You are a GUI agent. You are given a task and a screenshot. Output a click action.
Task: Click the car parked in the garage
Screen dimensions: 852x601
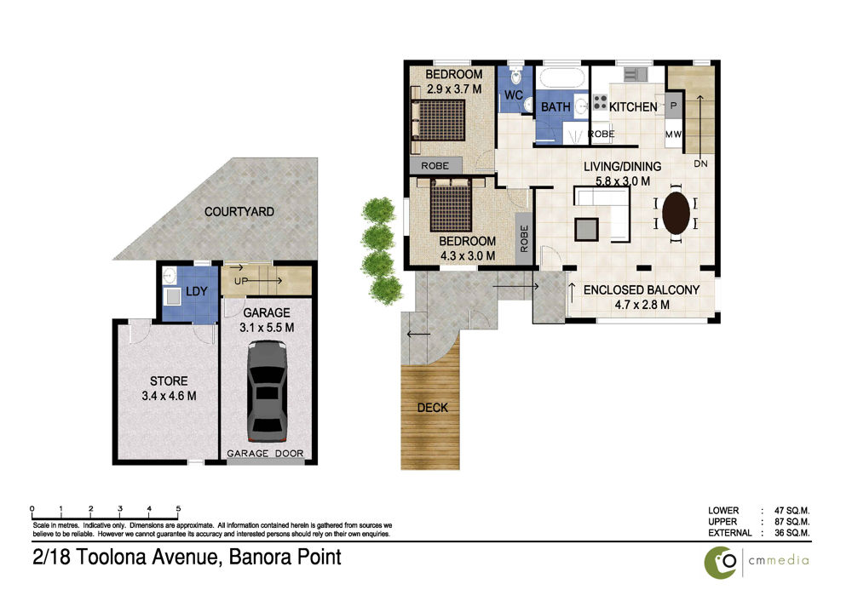(x=267, y=391)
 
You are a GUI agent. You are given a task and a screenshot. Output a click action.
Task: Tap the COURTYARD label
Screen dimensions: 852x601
(x=239, y=212)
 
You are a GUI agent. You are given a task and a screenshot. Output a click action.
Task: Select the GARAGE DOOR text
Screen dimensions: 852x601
(x=265, y=454)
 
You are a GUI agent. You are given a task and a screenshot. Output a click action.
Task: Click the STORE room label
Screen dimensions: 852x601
(x=169, y=381)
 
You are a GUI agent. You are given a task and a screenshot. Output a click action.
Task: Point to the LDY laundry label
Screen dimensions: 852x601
(x=197, y=291)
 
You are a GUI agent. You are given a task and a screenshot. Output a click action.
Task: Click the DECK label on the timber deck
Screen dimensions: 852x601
(x=433, y=408)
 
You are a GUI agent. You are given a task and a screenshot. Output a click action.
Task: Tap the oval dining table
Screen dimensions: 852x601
(x=676, y=213)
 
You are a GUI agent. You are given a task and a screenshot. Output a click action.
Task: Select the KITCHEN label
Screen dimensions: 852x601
(x=633, y=107)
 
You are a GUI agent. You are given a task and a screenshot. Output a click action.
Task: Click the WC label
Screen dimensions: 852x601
(x=514, y=95)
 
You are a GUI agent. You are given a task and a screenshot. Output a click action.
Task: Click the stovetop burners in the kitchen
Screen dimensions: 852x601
(x=600, y=101)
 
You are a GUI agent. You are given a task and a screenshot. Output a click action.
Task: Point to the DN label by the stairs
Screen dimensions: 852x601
(x=701, y=163)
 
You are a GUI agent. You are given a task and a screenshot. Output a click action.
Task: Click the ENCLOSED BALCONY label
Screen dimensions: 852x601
(x=642, y=290)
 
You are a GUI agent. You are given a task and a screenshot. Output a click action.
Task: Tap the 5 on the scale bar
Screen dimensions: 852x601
(x=178, y=509)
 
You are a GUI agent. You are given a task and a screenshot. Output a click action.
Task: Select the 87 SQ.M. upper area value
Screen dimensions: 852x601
(x=792, y=522)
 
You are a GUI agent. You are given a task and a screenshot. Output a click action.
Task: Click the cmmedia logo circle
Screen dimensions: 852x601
(x=721, y=563)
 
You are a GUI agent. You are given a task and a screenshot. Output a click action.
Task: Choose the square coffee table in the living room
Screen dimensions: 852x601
(x=586, y=229)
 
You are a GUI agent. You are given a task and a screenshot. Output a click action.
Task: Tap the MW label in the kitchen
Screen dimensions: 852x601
(x=673, y=135)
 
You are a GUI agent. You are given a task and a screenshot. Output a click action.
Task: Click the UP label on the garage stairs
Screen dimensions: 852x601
(x=241, y=281)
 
